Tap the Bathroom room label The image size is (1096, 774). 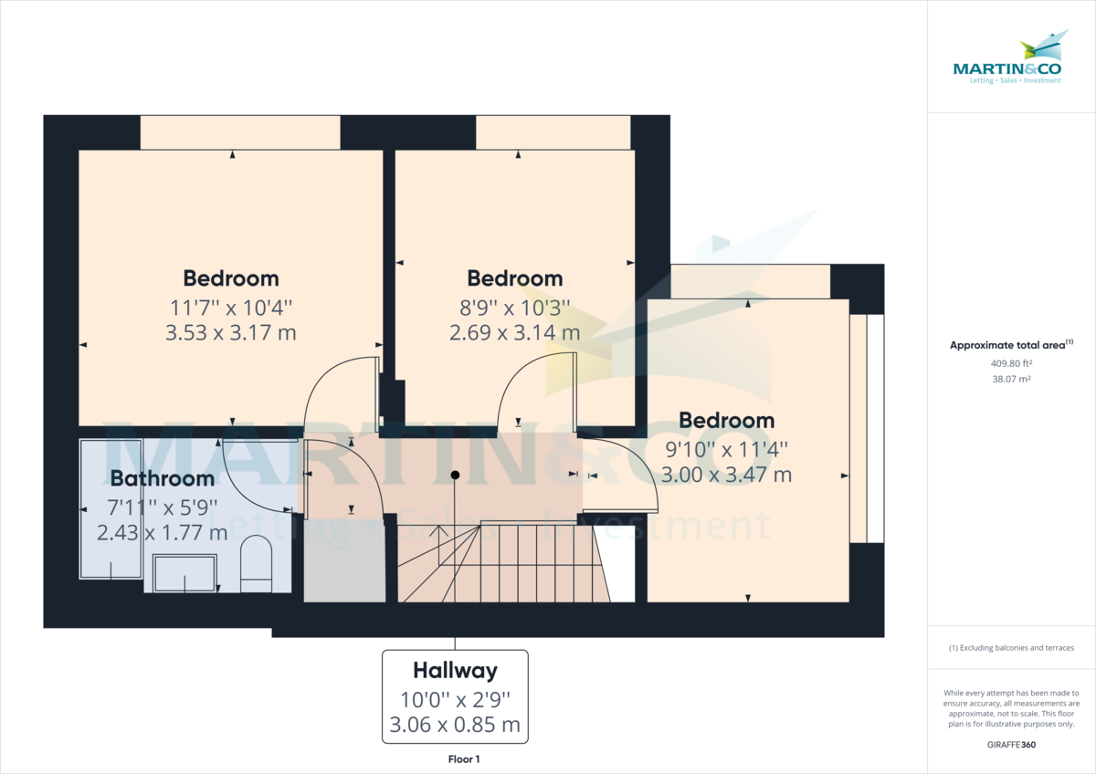pos(163,478)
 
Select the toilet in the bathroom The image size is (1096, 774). pos(256,563)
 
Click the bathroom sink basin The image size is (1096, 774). pos(185,574)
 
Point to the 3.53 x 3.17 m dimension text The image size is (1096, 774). pos(230,332)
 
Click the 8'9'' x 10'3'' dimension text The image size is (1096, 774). pos(514,308)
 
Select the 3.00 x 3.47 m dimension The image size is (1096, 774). pos(726,475)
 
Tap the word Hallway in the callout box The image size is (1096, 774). pos(455,671)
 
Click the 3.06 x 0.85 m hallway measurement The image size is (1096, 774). pos(455,726)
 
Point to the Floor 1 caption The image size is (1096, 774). pos(464,759)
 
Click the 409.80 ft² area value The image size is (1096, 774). pos(1011,362)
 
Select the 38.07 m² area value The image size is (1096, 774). pos(1011,378)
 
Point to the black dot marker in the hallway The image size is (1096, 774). pos(455,475)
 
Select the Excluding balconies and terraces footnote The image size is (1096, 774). pos(1011,648)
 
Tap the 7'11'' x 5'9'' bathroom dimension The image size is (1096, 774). pos(163,506)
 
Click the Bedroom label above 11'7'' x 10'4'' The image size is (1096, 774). pos(230,278)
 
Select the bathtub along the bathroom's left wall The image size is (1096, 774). pos(111,508)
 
